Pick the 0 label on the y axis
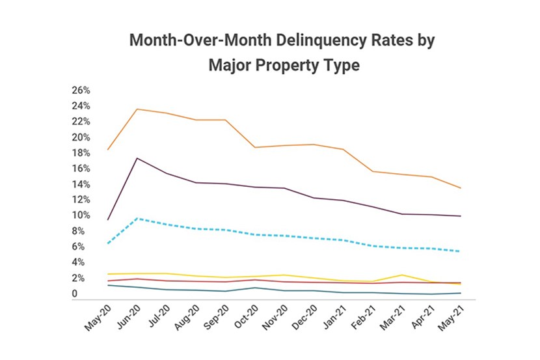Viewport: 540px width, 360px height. [75, 294]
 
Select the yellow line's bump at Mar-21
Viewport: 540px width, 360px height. [403, 275]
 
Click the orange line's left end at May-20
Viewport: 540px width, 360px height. [107, 150]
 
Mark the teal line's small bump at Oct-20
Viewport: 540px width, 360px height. [256, 287]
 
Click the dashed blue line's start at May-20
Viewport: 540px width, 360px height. [107, 243]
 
